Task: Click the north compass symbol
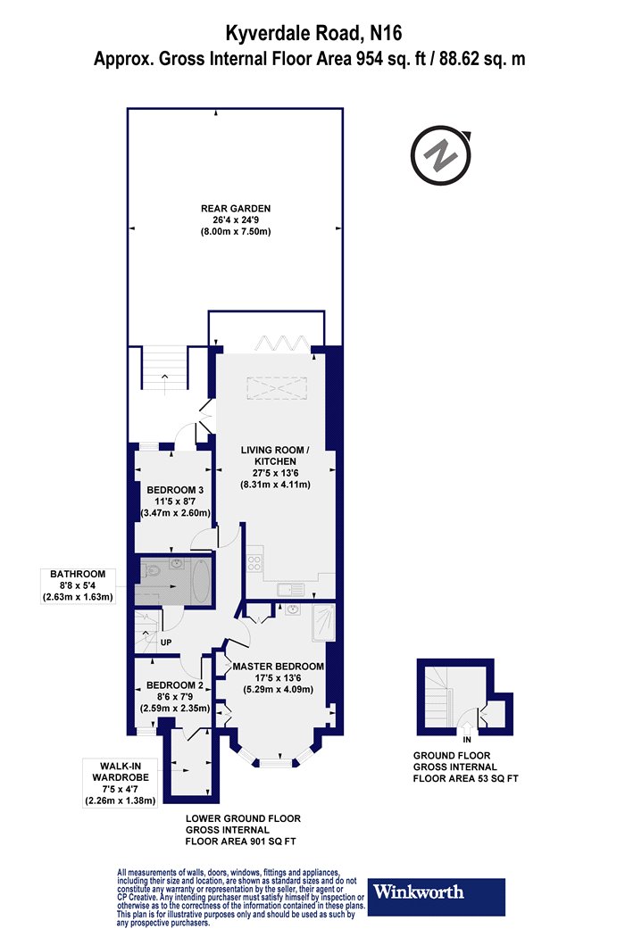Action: [x=440, y=154]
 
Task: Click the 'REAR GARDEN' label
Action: [x=236, y=209]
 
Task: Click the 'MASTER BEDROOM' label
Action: [x=278, y=667]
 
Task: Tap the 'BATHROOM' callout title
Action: [x=78, y=575]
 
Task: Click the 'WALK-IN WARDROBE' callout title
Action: [x=121, y=772]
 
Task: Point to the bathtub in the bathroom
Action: [x=200, y=581]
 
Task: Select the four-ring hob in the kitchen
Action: [x=254, y=563]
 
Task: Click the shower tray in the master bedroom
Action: [x=323, y=622]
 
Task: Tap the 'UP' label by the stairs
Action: [x=166, y=643]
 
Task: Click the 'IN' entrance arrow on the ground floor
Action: [x=467, y=731]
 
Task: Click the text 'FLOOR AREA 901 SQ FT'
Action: [x=240, y=842]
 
